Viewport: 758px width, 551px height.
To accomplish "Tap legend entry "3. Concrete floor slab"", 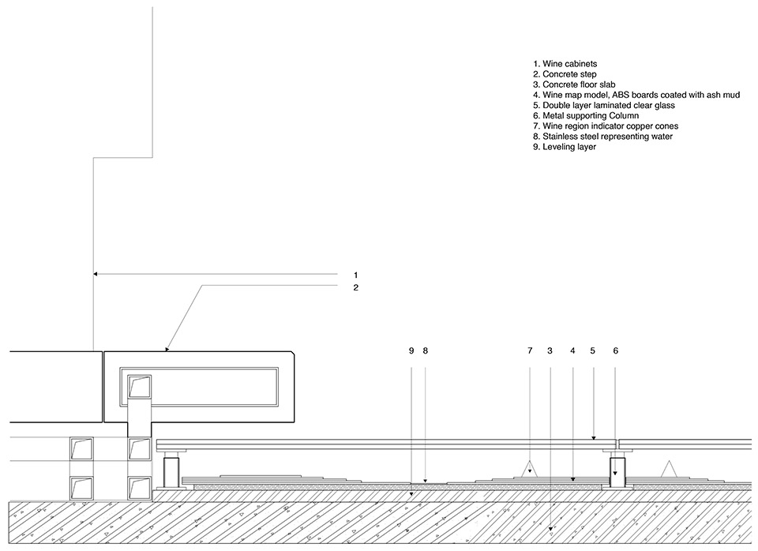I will point(573,84).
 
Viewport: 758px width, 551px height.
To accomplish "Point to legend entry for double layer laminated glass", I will point(604,105).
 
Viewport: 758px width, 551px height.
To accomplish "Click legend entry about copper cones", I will point(606,126).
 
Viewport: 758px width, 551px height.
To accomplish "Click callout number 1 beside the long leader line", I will point(355,275).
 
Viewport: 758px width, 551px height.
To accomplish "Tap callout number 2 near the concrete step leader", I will point(355,288).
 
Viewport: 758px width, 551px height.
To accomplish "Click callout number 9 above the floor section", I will point(411,350).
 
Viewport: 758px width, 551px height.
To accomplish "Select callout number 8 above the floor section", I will point(425,350).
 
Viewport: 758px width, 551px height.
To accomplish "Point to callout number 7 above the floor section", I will point(530,350).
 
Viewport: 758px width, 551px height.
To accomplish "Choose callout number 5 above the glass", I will point(592,350).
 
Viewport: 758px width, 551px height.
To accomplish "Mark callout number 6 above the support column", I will point(615,350).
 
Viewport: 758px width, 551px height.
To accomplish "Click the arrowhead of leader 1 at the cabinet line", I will point(96,275).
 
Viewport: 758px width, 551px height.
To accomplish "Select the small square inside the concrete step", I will point(140,387).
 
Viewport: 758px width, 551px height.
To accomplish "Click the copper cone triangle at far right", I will point(670,468).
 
